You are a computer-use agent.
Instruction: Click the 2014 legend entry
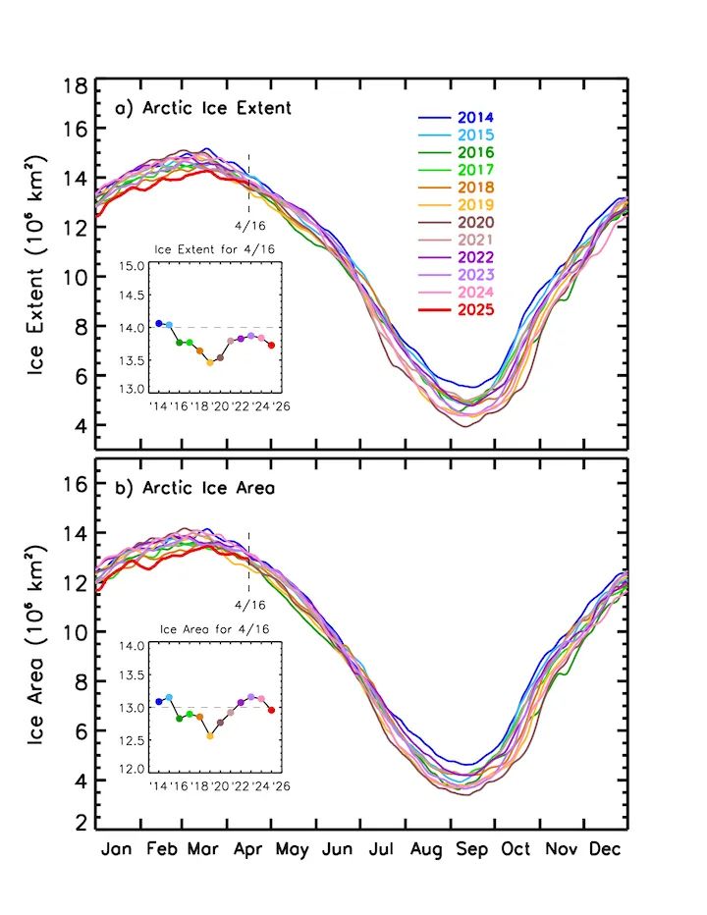(475, 118)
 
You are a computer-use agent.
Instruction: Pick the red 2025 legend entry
(475, 310)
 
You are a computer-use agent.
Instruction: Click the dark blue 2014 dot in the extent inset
(159, 324)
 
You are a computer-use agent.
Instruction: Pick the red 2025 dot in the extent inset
(271, 345)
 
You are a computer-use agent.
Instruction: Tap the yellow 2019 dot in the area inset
(210, 735)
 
